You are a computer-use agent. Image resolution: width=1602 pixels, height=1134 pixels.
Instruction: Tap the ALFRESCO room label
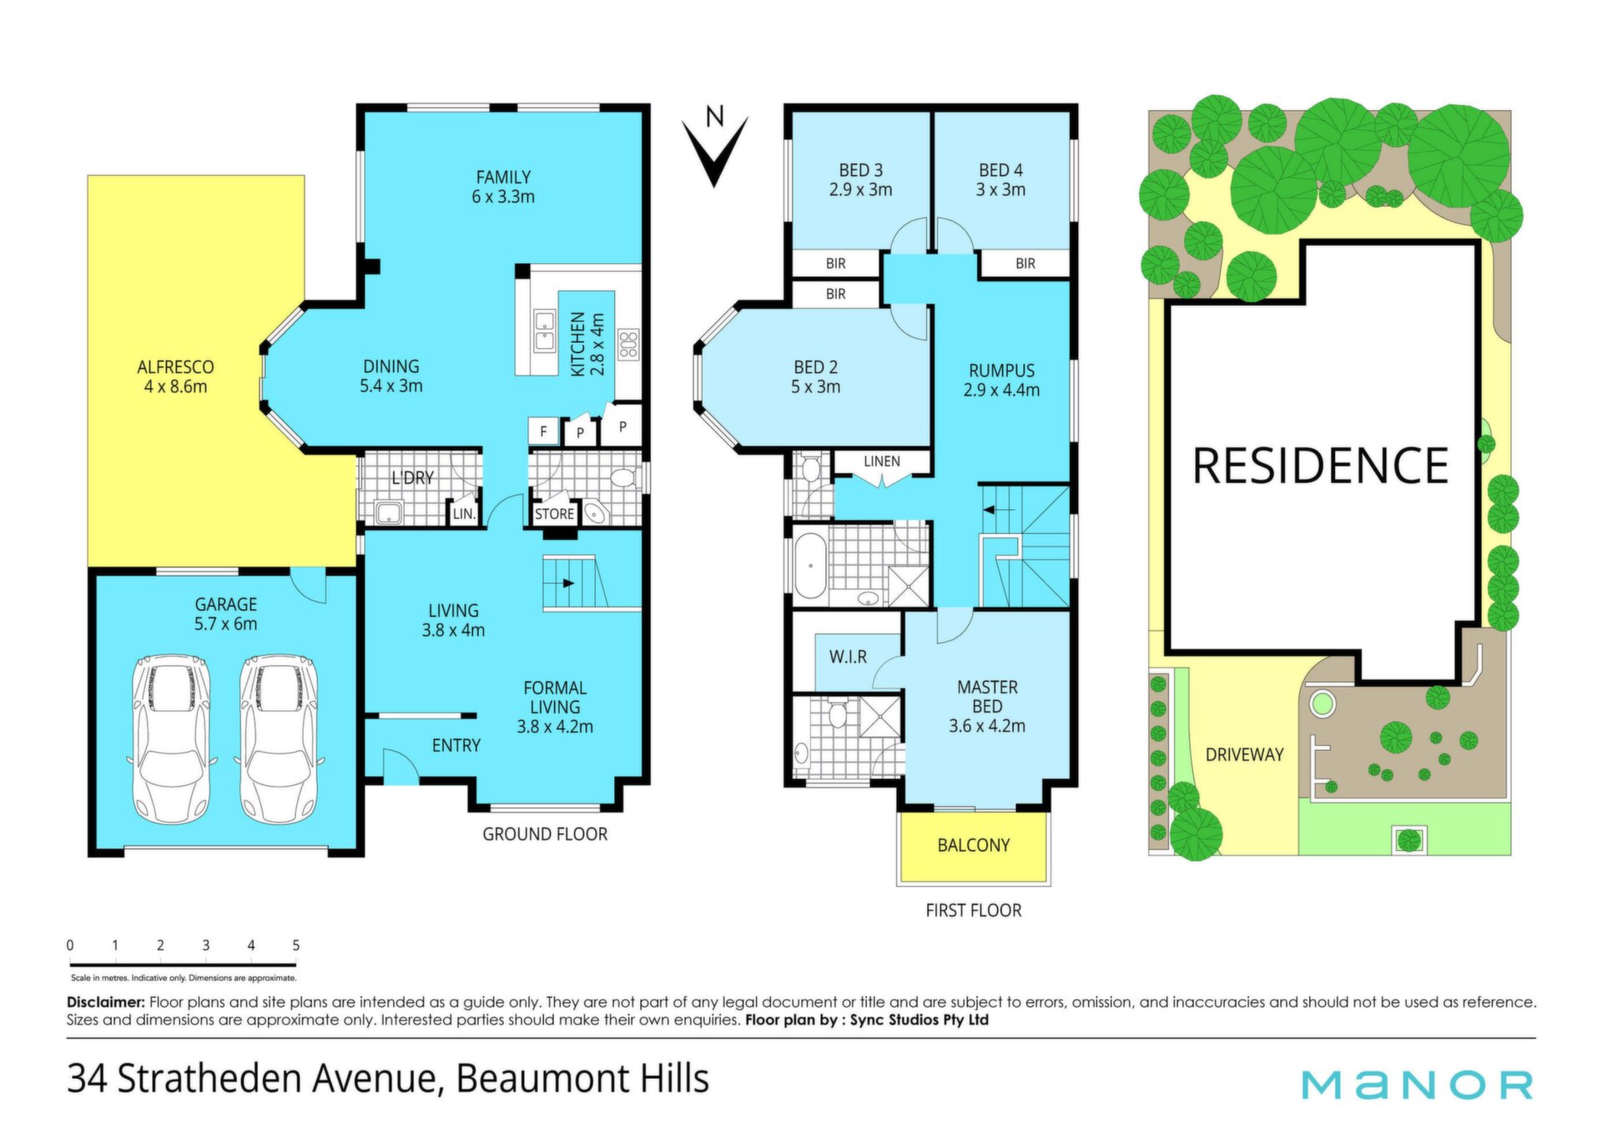point(175,367)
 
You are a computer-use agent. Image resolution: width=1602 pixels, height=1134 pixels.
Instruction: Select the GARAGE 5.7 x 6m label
point(226,614)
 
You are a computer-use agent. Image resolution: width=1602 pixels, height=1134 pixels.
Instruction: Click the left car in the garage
point(172,738)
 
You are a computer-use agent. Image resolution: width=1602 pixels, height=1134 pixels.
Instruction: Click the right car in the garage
point(279,738)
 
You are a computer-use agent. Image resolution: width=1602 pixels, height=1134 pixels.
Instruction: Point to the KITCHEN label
point(577,344)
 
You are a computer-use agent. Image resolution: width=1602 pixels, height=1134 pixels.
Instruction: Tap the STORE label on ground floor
point(554,514)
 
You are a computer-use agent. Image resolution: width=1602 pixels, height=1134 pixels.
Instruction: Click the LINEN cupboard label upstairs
point(882,461)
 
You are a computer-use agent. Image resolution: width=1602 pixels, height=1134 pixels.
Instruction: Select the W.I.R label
point(848,658)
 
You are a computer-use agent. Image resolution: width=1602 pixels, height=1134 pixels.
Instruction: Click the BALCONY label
point(974,845)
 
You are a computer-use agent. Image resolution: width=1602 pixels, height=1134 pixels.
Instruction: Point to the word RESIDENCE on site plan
point(1321,466)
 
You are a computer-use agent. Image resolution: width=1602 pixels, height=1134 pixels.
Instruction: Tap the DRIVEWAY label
point(1245,754)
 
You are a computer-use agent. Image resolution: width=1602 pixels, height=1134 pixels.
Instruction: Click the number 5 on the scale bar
point(296,945)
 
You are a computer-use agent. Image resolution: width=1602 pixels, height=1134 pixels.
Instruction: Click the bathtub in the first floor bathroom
point(810,566)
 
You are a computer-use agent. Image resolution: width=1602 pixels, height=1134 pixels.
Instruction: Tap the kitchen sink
point(545,330)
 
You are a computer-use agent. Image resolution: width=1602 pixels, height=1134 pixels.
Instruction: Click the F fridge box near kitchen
point(543,431)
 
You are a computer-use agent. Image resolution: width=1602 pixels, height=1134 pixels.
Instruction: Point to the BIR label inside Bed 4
point(1025,264)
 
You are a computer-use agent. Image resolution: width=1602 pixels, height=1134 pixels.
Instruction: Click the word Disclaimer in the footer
point(106,1002)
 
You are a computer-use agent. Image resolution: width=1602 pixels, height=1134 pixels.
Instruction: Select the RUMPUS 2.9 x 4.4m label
point(1001,381)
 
